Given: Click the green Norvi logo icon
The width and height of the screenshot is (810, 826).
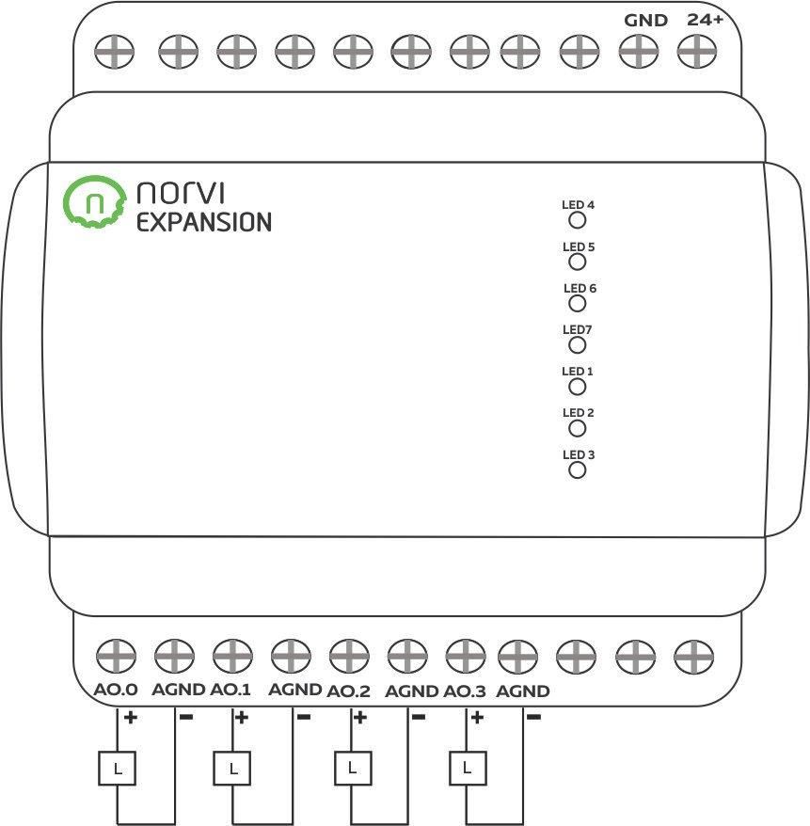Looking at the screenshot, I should pos(94,202).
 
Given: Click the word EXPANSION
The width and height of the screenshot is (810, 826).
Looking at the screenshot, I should pos(204,223).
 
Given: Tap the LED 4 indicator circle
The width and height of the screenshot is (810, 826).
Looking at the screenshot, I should pos(578,220).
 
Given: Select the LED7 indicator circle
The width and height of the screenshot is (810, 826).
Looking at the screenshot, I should pos(578,345).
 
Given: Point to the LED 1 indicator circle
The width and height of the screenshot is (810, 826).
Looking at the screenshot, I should pos(578,387).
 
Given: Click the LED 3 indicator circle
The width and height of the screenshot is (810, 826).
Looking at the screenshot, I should pos(578,469).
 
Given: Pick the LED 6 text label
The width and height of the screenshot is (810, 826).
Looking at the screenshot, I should pos(580,289).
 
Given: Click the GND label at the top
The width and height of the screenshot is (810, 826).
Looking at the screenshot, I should pos(646,21).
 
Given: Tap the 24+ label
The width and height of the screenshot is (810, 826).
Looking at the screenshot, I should pos(705,20).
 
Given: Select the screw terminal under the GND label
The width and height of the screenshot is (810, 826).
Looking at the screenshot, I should pos(637,50).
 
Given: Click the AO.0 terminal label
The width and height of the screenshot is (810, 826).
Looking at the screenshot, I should pos(116,691).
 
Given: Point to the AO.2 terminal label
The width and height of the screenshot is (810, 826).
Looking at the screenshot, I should pos(348,691).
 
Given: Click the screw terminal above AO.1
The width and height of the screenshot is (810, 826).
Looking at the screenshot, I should pos(231,653).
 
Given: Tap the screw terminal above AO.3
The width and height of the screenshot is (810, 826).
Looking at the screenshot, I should pos(464,653).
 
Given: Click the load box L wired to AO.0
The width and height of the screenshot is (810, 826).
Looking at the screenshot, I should pos(117,770).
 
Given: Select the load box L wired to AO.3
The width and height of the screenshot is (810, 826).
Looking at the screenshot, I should pos(468,769).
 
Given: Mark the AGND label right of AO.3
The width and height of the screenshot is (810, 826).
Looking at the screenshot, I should pos(523,691).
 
